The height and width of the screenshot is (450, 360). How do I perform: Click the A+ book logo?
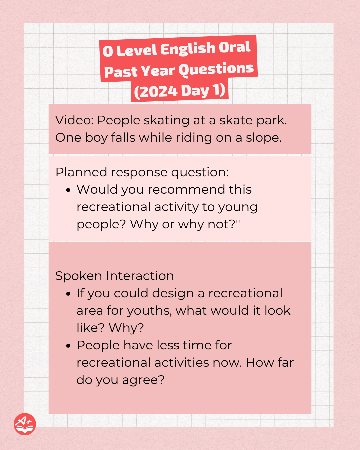(25, 424)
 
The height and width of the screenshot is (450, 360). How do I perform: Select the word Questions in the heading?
(216, 69)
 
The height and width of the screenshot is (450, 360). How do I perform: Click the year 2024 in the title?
(158, 92)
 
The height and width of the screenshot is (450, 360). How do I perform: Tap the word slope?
(264, 138)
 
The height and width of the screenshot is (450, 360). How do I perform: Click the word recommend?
(186, 189)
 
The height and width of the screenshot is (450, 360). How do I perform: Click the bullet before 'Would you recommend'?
(68, 190)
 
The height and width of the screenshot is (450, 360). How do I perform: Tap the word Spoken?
(79, 276)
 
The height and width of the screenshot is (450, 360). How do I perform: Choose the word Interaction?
(140, 276)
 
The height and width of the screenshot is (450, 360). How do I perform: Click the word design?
(173, 293)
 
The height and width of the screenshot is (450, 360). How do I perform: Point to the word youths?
(149, 311)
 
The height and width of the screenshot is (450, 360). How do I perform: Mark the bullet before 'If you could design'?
(68, 294)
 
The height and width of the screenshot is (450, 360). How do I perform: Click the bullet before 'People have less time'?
(68, 346)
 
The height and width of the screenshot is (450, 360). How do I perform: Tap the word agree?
(143, 380)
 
